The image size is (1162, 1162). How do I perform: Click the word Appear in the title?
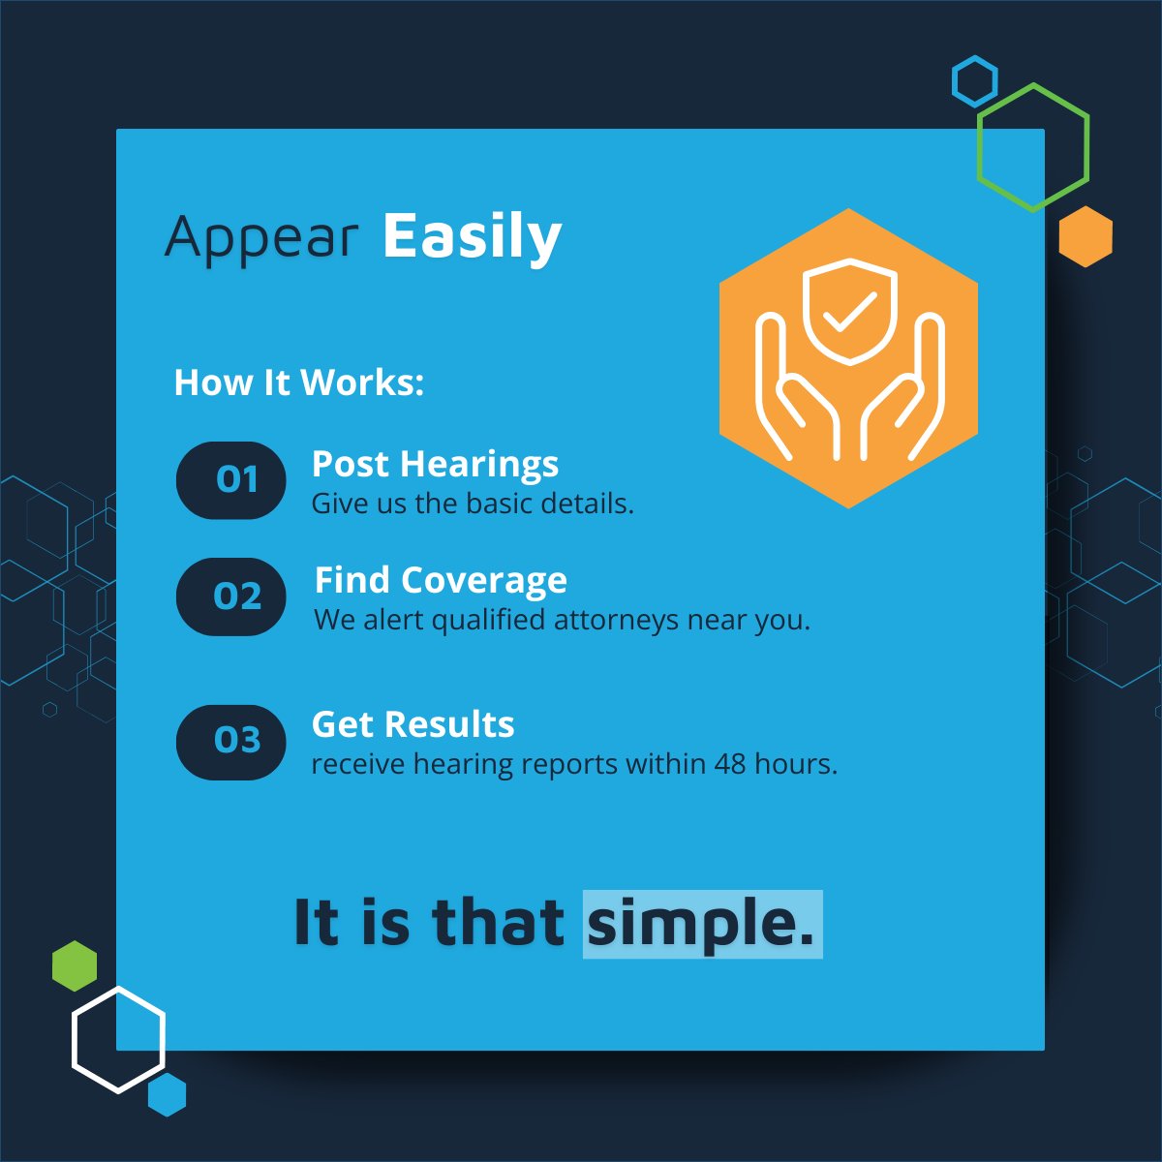(261, 237)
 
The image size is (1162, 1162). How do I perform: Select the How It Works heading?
(298, 382)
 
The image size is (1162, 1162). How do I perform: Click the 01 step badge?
(231, 480)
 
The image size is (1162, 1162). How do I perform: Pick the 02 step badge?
(231, 596)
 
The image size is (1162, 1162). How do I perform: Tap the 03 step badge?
(231, 742)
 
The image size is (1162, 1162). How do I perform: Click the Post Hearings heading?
(435, 465)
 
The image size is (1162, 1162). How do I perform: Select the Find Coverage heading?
(441, 581)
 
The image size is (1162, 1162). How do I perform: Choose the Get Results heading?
(413, 725)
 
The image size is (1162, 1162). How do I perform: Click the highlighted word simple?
(701, 924)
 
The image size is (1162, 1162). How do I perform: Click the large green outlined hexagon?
(1033, 147)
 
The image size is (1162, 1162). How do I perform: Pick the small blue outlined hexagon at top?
(974, 81)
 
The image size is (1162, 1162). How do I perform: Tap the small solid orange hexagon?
(1086, 236)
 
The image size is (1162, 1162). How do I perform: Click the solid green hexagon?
(75, 965)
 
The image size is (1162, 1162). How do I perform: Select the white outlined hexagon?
(118, 1039)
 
